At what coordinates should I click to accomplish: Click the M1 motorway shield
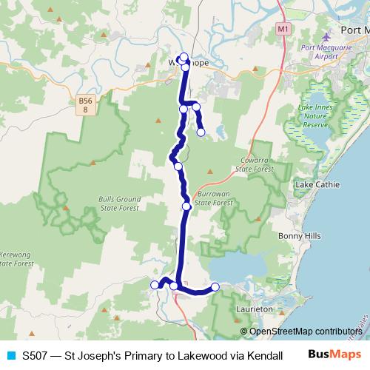tap(282, 28)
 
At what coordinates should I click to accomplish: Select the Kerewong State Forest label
tap(16, 258)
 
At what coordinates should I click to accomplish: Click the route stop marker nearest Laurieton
tap(215, 287)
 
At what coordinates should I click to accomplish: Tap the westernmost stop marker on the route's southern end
tap(155, 285)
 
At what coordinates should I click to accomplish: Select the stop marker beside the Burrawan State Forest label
tap(186, 206)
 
